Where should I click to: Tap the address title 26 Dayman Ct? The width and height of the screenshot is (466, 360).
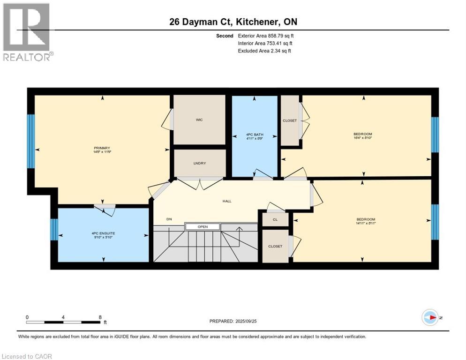tap(233, 22)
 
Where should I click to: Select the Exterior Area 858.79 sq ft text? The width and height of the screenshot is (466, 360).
tap(266, 36)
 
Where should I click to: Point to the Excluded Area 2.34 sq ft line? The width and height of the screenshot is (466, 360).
tap(264, 51)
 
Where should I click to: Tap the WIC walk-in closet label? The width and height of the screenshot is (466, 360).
tap(199, 120)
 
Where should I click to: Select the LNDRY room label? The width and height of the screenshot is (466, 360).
tap(200, 163)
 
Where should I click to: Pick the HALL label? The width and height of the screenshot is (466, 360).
tap(227, 201)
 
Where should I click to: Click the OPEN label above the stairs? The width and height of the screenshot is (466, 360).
tap(202, 227)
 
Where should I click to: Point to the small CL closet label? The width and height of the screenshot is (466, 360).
tap(275, 219)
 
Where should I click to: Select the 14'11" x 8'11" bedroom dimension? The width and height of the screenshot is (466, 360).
tap(366, 224)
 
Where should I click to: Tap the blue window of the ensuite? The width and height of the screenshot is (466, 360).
tap(54, 230)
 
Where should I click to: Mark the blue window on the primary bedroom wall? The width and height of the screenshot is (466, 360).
tap(31, 141)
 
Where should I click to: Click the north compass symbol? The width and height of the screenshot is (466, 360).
tap(429, 317)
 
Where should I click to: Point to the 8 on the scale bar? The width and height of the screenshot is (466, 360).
tap(100, 317)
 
